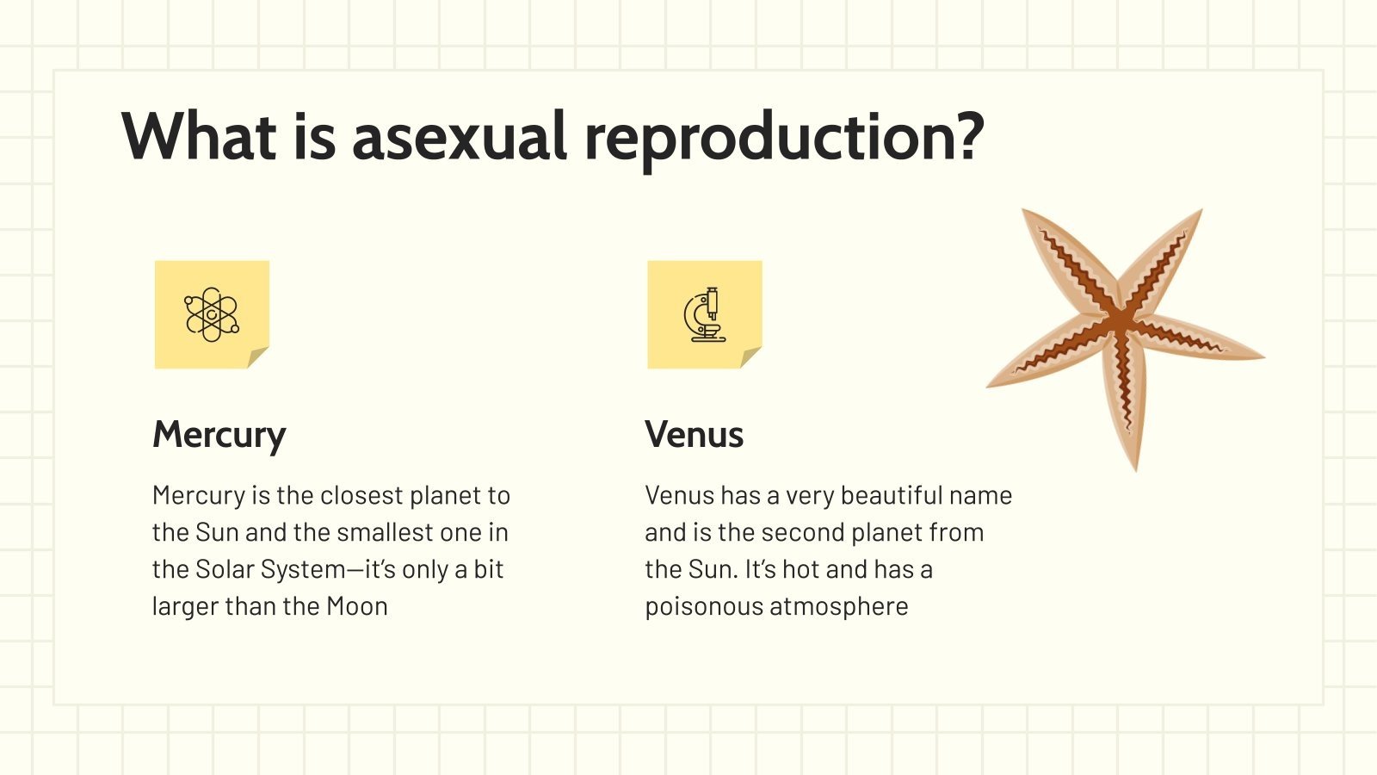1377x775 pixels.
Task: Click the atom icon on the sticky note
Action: (211, 314)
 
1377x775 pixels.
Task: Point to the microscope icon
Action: (705, 314)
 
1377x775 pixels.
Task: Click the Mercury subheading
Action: (219, 435)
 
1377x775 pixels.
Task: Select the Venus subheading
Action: (694, 435)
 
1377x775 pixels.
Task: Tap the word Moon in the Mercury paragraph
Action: (357, 606)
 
